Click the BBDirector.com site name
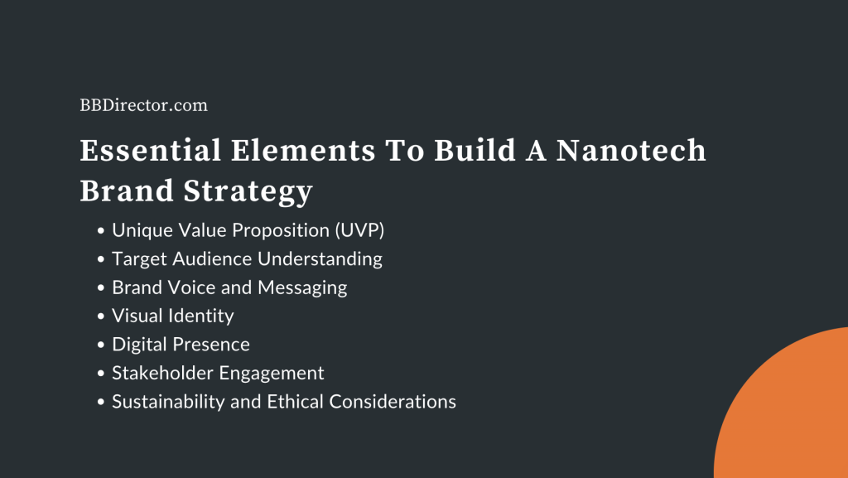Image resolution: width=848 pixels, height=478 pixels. (143, 105)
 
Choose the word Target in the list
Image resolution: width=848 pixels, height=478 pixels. (140, 258)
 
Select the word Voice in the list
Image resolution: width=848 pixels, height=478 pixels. (190, 287)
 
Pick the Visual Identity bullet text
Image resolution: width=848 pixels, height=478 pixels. (173, 316)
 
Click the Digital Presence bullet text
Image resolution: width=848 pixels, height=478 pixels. (181, 344)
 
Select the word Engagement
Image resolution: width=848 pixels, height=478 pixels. (273, 373)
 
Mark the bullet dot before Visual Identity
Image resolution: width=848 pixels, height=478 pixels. (101, 316)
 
